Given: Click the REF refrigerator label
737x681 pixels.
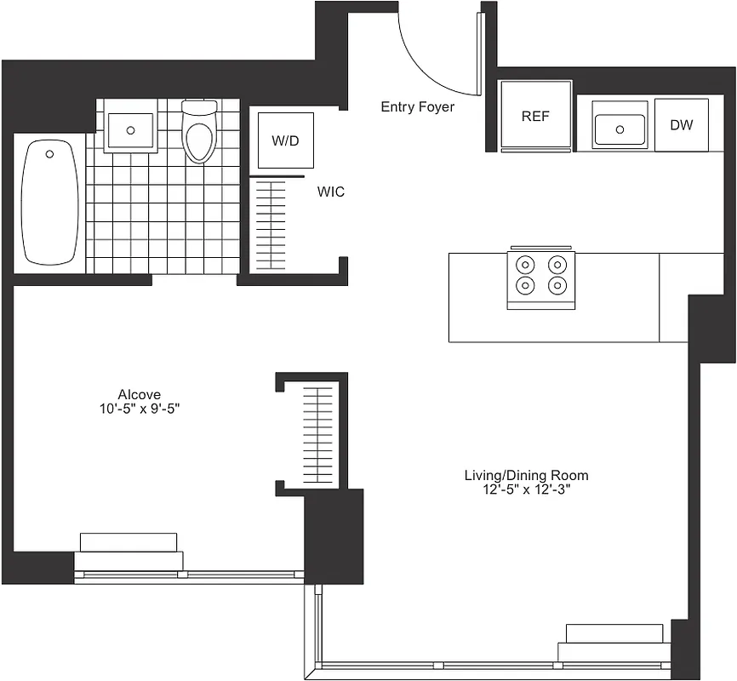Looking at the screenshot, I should (535, 117).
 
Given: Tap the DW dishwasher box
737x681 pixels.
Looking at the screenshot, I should (681, 125).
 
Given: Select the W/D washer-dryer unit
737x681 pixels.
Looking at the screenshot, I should (286, 140).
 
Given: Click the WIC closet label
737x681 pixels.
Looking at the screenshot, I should (331, 192).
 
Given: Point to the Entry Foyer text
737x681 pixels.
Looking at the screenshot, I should (417, 107).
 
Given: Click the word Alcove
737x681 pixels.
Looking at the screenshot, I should (140, 394).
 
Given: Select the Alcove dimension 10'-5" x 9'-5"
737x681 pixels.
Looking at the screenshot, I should (140, 408).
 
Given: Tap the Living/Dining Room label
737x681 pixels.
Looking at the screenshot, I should (526, 475).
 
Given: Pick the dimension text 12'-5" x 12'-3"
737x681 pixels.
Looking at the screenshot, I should (526, 489).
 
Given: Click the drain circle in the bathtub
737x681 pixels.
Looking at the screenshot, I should (49, 154).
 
